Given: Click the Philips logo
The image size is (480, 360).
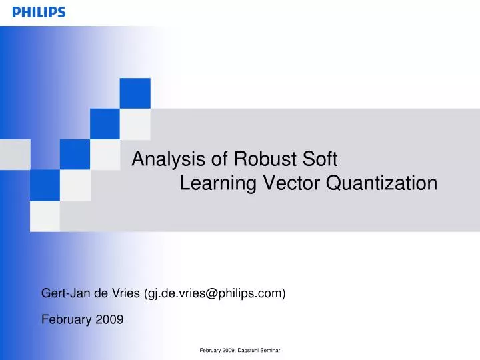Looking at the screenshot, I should click(x=39, y=12).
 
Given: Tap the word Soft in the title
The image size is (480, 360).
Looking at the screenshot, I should click(x=321, y=159).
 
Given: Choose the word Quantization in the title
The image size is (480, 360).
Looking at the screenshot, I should click(x=381, y=183).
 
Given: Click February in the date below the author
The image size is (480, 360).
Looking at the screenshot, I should click(x=67, y=319).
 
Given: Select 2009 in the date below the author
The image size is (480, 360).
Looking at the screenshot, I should click(x=109, y=319).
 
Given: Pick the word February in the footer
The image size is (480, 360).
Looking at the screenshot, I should click(x=211, y=350).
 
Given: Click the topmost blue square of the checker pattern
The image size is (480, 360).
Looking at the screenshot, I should click(x=135, y=93).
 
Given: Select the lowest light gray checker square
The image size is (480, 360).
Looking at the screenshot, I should click(x=45, y=216).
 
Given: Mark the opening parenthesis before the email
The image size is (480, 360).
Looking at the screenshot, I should click(x=146, y=293).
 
